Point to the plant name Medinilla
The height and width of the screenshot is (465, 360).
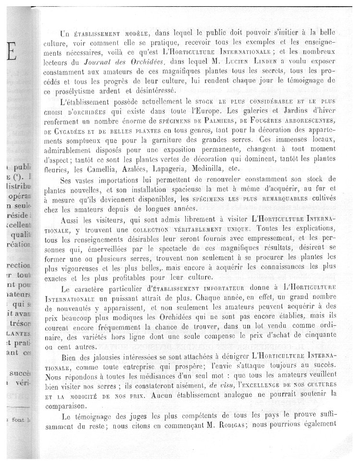click(x=229, y=169)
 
